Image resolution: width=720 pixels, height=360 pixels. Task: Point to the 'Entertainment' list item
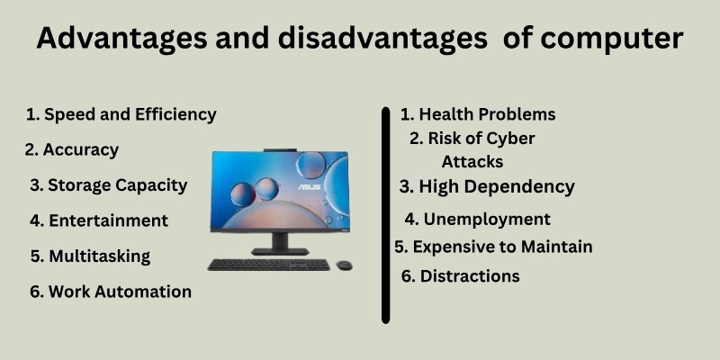(99, 220)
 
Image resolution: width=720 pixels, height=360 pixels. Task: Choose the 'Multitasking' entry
(91, 256)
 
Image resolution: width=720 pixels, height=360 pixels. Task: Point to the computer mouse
(344, 265)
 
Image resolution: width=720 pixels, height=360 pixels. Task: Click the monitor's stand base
(280, 251)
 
